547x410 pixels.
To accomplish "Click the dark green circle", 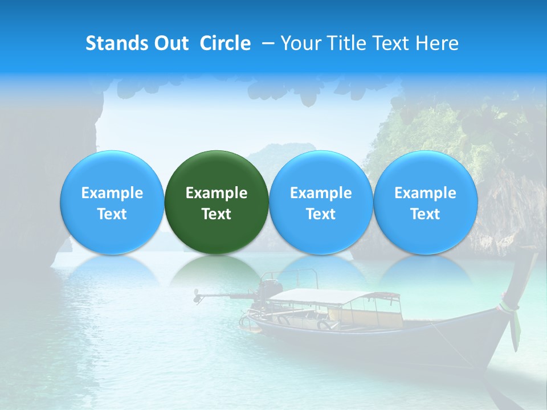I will point(217,202).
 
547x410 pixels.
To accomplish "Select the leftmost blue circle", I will point(112,202).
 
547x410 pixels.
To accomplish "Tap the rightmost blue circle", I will point(426,202).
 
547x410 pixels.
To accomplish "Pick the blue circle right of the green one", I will point(321,202).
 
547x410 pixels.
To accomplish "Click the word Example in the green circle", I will point(217,193).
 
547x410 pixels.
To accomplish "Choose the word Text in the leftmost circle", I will point(112,214).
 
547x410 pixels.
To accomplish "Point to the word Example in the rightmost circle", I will point(426,193).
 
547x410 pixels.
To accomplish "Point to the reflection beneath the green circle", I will point(217,268).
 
